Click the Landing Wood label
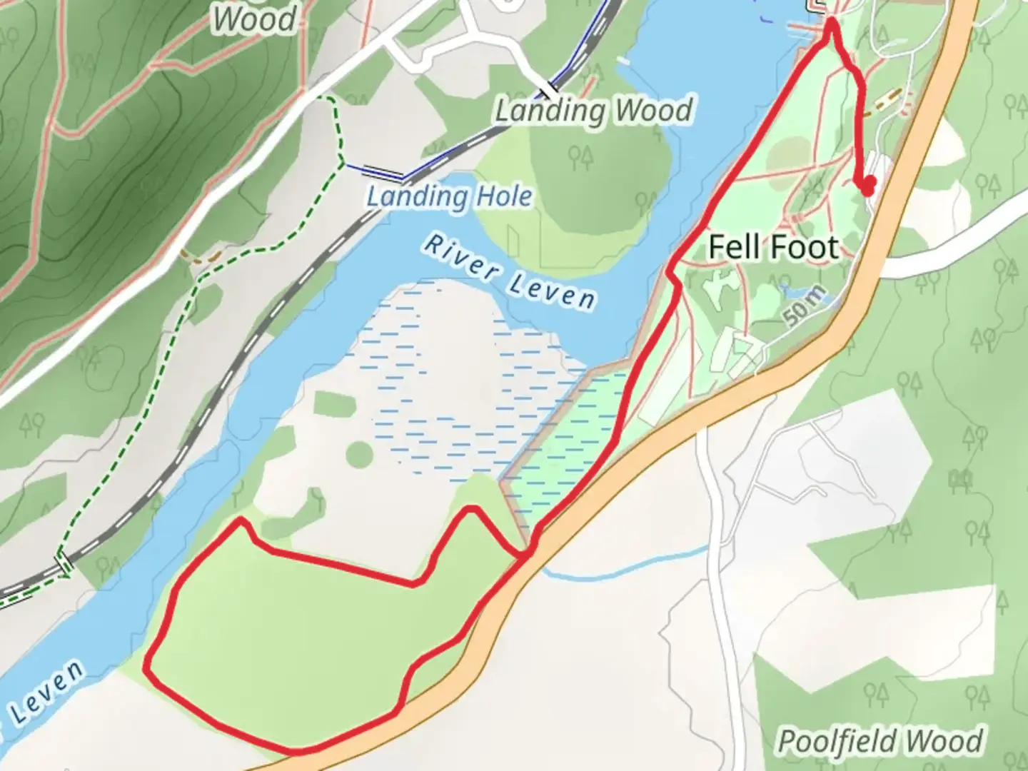(594, 111)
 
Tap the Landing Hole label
(450, 196)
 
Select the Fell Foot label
(773, 248)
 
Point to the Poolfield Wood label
(880, 741)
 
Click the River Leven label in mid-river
(509, 273)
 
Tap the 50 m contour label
(806, 306)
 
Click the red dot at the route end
(868, 186)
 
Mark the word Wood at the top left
(254, 19)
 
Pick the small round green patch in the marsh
(360, 454)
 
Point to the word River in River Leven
(461, 257)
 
